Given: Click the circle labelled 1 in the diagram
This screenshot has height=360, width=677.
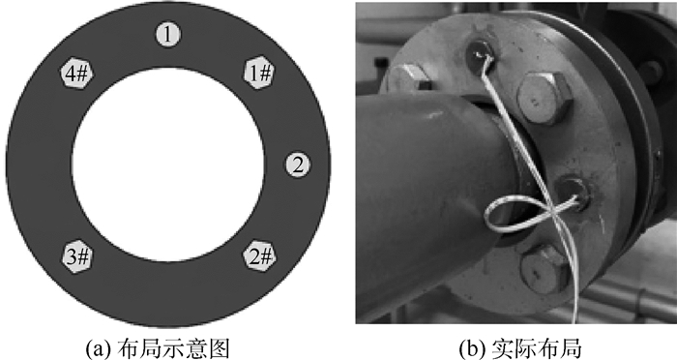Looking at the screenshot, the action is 168,34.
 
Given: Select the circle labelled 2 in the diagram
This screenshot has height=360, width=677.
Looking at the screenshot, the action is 298,165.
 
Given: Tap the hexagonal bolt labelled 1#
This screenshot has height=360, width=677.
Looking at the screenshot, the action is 258,73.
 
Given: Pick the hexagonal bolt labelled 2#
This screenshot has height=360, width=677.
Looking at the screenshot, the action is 259,257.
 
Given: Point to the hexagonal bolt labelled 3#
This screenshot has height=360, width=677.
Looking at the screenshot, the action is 77,256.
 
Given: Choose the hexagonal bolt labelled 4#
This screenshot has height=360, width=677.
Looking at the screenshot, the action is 76,73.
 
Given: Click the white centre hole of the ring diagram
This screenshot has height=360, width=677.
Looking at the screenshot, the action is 168,165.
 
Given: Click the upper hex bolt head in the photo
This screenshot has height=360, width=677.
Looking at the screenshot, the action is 545,98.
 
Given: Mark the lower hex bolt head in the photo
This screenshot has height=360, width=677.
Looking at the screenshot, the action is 545,269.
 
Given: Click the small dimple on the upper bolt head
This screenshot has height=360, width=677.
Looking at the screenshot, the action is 536,102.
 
